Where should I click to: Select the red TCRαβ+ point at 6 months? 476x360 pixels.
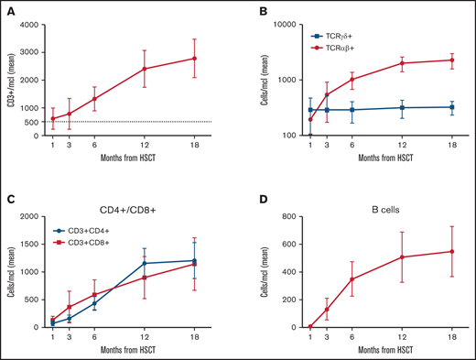click(352, 79)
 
